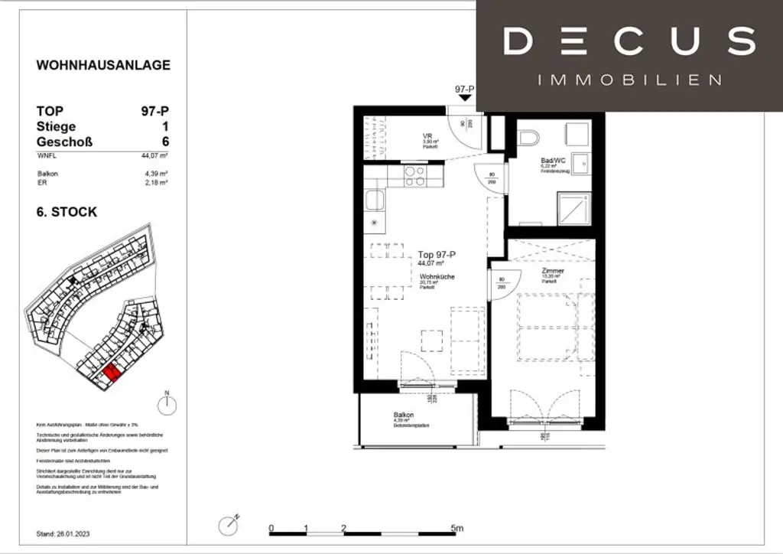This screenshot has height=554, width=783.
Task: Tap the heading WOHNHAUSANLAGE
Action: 103,65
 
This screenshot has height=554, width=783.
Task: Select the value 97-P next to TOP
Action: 155,111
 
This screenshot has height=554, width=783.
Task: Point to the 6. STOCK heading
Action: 67,212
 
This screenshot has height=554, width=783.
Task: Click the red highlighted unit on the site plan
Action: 111,373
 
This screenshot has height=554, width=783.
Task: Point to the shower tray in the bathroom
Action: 577,207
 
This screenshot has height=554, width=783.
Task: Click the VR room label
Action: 428,137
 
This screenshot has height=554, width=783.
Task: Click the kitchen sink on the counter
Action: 375,200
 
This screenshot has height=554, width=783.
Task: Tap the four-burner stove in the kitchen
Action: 414,177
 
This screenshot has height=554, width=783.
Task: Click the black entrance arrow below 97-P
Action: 465,101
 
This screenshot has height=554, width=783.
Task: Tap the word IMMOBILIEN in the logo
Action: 629,80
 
